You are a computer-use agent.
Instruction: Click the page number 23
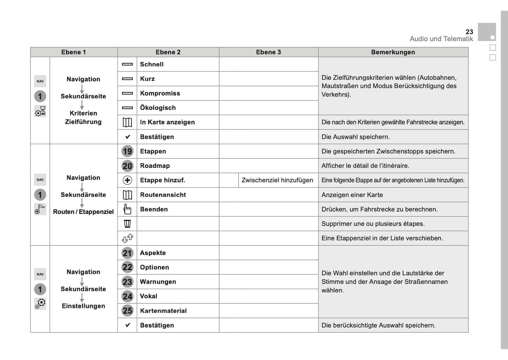(469, 32)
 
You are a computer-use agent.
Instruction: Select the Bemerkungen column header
(393, 52)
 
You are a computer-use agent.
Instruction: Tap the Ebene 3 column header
(268, 52)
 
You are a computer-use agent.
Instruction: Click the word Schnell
(152, 64)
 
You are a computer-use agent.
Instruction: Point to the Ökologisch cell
(157, 108)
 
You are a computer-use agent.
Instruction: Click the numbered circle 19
(127, 151)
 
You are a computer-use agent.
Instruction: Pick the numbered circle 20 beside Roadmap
(127, 166)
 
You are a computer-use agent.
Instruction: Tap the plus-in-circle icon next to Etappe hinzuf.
(127, 180)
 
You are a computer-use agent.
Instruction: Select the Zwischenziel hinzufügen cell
(277, 180)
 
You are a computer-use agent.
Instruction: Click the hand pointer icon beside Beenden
(127, 209)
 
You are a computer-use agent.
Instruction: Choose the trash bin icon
(127, 224)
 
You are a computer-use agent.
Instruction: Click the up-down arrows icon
(127, 238)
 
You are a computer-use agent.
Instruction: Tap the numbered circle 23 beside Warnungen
(127, 282)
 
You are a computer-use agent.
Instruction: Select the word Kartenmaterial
(163, 311)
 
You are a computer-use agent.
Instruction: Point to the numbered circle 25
(127, 311)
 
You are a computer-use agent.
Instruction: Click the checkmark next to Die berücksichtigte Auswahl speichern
(128, 325)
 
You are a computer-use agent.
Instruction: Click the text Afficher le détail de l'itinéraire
(365, 166)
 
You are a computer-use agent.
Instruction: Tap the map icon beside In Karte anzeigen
(127, 122)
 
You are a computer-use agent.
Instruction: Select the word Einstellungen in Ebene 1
(83, 306)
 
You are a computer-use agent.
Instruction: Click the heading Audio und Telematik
(441, 39)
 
